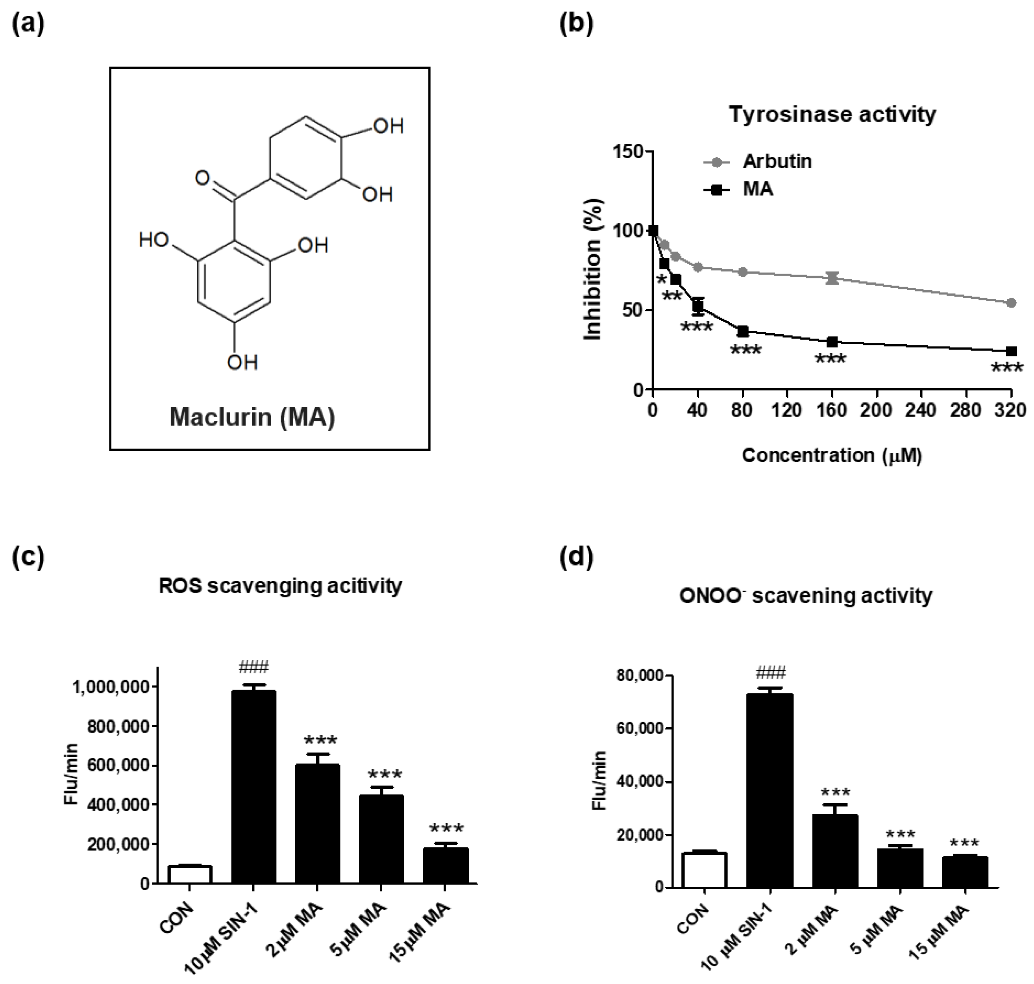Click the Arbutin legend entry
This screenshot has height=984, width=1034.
(777, 161)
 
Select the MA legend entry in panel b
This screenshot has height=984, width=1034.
(758, 189)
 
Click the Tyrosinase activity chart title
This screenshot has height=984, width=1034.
(832, 114)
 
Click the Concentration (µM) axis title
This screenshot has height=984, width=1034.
(832, 455)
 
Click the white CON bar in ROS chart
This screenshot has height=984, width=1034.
(190, 875)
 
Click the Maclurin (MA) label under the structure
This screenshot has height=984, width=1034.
(252, 417)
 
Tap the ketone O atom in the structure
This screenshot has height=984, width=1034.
(202, 178)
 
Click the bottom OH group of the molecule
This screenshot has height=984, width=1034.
(242, 362)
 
